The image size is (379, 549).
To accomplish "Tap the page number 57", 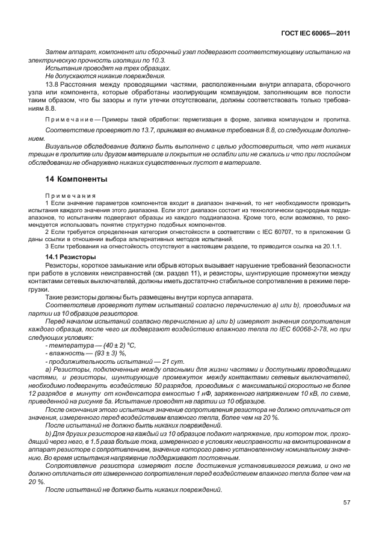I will [x=347, y=502].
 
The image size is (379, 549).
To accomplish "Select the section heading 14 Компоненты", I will [x=76, y=179].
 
